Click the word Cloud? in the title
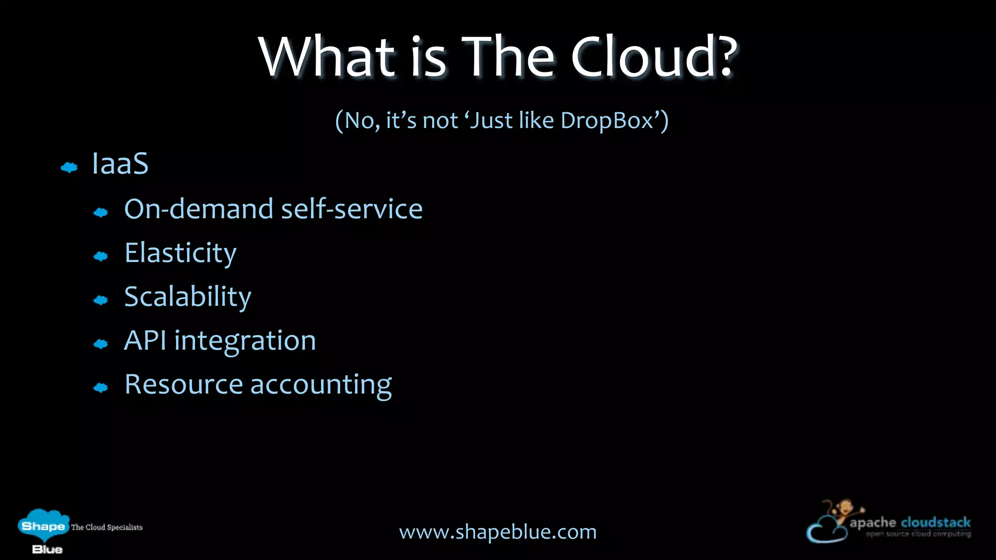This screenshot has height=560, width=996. [654, 57]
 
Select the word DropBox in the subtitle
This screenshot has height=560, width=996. [606, 120]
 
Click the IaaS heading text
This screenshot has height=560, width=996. [120, 163]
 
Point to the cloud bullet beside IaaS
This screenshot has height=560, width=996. [69, 168]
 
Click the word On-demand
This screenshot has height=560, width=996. [199, 209]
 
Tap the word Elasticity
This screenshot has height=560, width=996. [180, 253]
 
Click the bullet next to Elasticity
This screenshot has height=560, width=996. [101, 256]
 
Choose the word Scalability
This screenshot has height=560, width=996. [188, 297]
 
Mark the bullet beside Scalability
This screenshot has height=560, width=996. [101, 300]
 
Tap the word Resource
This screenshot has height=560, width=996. [183, 385]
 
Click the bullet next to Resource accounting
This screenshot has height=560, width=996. [101, 387]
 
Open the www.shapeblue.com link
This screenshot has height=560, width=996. [498, 532]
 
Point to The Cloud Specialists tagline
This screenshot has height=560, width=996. [107, 527]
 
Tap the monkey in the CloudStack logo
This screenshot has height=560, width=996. [845, 510]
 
